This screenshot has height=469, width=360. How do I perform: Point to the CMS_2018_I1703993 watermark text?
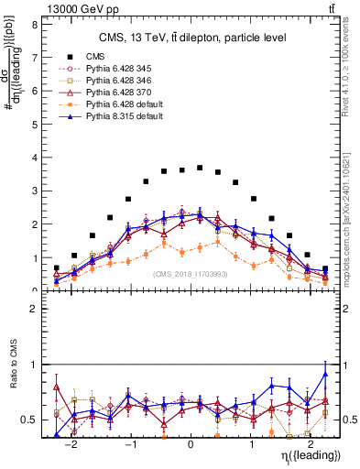(x=190, y=273)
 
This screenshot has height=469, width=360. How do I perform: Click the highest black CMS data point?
(x=200, y=169)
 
